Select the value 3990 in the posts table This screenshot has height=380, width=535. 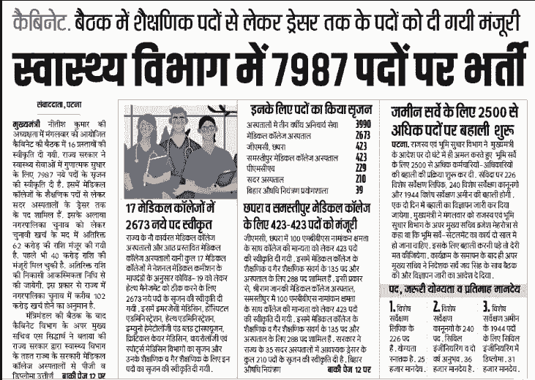coord(364,125)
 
